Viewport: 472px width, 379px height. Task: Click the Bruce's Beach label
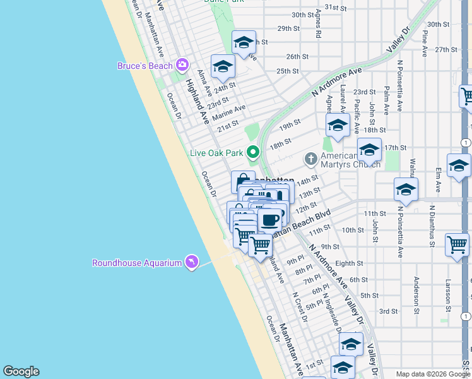(146, 66)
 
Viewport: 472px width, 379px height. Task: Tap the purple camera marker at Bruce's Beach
(183, 65)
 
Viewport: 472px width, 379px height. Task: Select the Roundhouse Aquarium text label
(137, 263)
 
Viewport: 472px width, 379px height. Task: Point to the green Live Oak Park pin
(253, 152)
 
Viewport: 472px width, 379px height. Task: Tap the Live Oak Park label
(216, 153)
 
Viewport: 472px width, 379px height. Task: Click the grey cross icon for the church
(310, 158)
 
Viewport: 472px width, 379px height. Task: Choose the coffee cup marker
(269, 220)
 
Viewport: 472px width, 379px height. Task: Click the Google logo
(21, 371)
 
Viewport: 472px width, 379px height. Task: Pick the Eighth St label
(350, 263)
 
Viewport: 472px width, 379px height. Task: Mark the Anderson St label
(416, 295)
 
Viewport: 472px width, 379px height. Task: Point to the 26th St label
(297, 56)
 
